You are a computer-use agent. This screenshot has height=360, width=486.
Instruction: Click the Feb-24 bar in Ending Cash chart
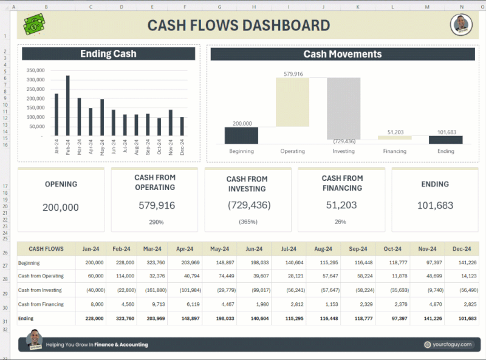click(67, 106)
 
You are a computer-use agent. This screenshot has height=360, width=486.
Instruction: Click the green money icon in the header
click(34, 25)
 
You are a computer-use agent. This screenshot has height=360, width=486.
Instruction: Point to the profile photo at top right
click(461, 25)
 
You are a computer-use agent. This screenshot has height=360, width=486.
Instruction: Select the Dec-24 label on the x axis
click(182, 148)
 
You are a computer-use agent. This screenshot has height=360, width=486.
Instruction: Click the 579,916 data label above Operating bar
click(293, 73)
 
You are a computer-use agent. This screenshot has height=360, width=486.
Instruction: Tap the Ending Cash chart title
click(108, 54)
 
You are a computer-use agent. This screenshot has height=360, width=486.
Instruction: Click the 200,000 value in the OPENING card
click(61, 207)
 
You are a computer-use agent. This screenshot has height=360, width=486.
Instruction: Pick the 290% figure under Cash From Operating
click(156, 222)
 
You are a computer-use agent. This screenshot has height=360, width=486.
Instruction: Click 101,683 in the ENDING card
click(435, 205)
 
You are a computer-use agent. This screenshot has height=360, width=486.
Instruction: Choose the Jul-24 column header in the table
click(289, 249)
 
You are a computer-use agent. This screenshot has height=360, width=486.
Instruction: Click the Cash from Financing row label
click(41, 304)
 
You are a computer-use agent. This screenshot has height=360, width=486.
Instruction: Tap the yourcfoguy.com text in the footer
click(452, 344)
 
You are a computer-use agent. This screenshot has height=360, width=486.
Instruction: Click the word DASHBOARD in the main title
click(286, 25)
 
